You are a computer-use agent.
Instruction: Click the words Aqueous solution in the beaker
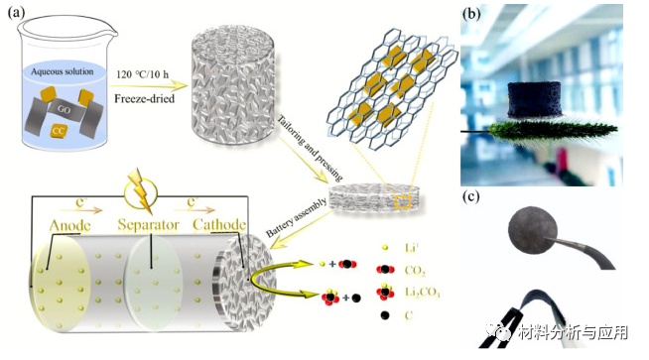(x=81, y=73)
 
